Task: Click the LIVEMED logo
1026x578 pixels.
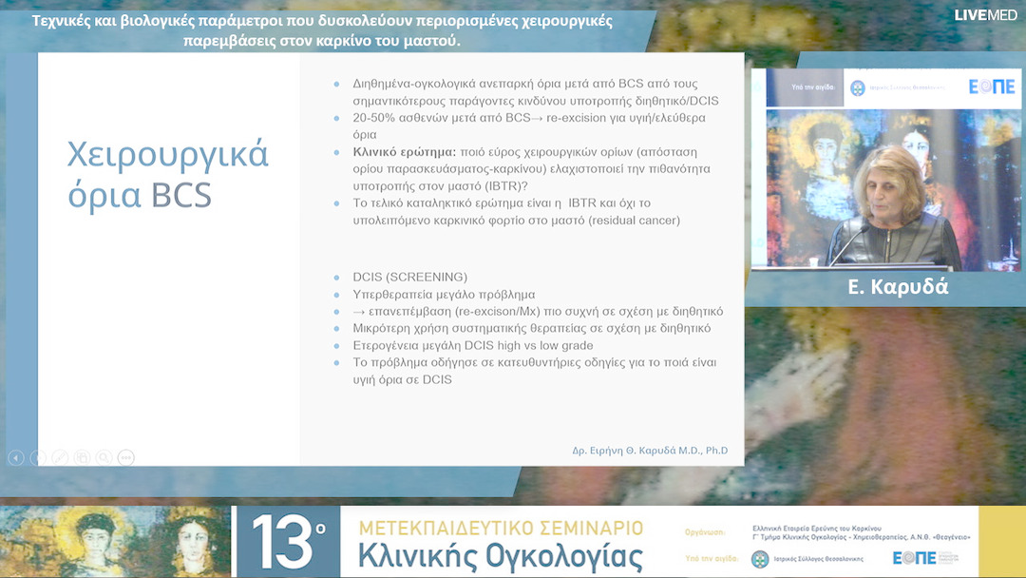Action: [985, 14]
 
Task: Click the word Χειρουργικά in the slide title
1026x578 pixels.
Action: [168, 154]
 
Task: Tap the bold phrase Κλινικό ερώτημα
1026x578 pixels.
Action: [404, 151]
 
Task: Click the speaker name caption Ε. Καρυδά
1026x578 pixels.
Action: [898, 286]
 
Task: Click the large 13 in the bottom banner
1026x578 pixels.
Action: [283, 543]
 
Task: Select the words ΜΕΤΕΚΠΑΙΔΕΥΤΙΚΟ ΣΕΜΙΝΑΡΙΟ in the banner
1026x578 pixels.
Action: [501, 528]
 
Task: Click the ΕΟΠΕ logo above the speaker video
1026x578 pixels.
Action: [991, 87]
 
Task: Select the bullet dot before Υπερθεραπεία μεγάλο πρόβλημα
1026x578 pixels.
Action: [336, 295]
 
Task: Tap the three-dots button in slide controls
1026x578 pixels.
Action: [125, 457]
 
